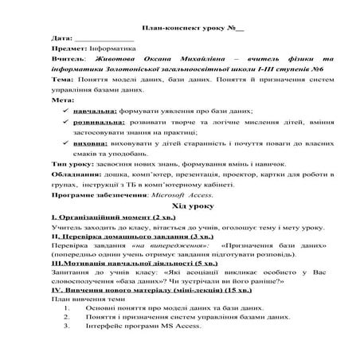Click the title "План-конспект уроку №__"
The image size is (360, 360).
click(x=179, y=25)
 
